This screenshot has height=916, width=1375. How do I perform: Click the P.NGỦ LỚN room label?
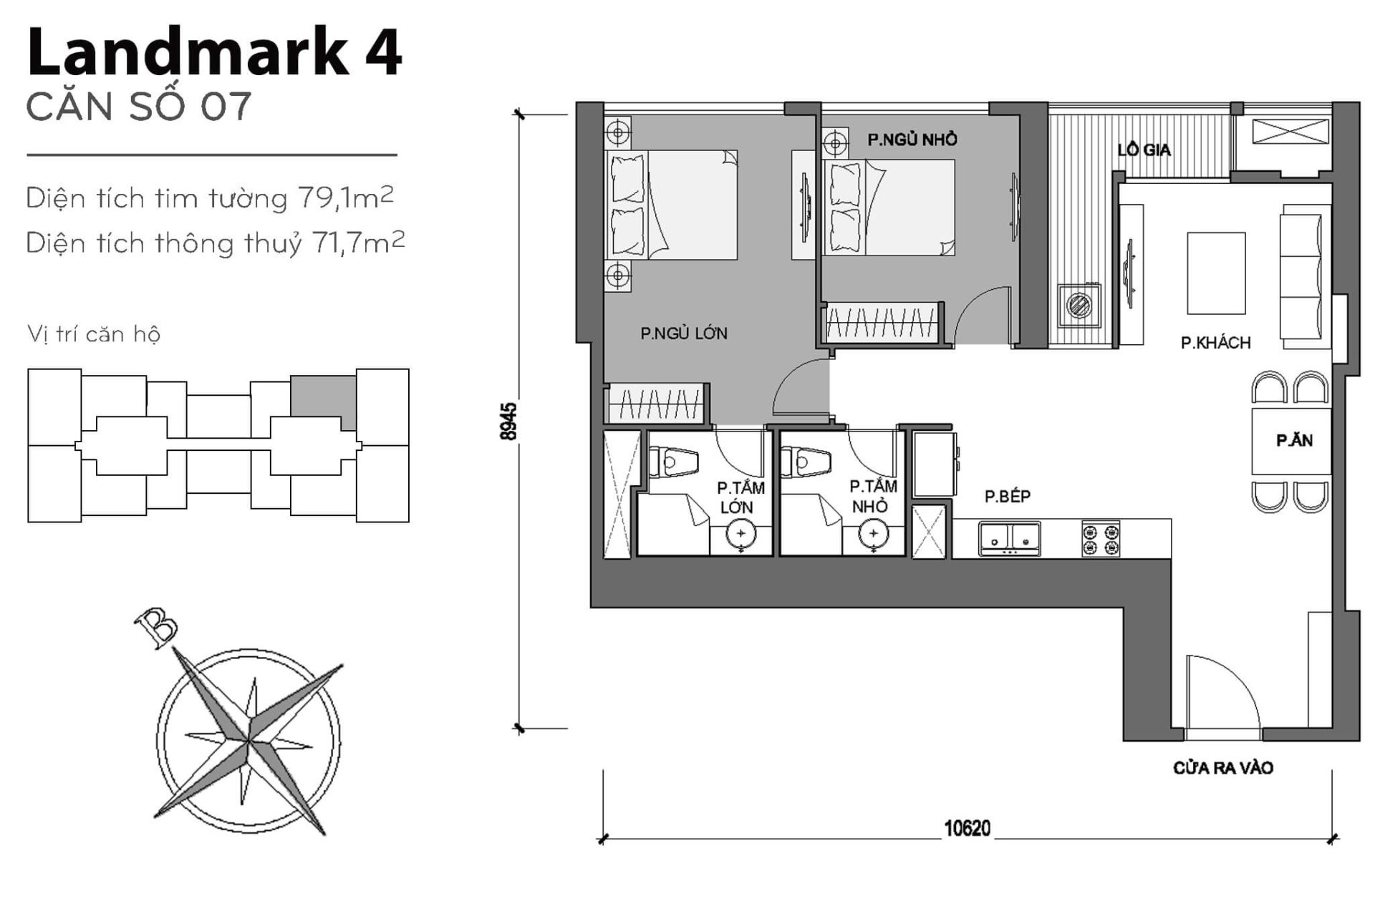pos(683,333)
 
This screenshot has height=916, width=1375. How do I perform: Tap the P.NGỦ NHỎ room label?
pos(912,140)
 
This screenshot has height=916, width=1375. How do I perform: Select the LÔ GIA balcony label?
pos(1144,150)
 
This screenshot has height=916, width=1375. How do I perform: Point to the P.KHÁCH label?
pos(1215,343)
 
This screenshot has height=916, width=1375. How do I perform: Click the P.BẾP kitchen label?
pos(1007,496)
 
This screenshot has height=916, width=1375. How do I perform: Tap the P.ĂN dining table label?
pos(1293,441)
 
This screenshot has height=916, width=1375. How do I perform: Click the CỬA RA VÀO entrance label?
pos(1222,768)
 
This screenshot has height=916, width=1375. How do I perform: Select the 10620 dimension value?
pos(967,829)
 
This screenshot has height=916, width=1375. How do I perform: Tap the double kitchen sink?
pos(1009,539)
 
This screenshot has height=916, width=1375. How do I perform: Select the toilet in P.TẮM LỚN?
pos(673,462)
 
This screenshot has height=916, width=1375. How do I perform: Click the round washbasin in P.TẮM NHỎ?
pos(873,534)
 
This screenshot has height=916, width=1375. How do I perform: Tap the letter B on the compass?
pos(156,625)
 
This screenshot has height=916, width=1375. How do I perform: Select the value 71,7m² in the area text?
pos(358,243)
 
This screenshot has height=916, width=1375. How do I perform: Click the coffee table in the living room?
pos(1215,273)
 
